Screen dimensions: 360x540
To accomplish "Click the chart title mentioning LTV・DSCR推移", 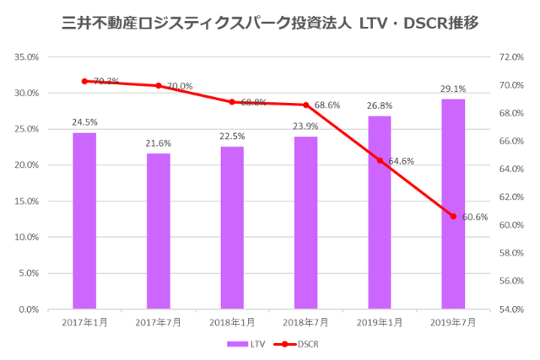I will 270,23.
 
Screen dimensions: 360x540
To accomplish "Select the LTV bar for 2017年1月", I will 84,221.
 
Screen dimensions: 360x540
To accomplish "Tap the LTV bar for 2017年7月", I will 158,231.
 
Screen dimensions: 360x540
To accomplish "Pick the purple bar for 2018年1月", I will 232,228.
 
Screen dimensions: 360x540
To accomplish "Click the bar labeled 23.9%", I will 305,223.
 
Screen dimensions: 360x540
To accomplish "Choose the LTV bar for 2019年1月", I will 380,212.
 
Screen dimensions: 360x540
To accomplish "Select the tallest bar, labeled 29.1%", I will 453,204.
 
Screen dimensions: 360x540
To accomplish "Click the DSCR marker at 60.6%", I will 453,217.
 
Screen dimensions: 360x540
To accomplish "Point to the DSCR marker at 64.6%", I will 380,160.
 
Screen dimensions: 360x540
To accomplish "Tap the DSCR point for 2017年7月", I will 158,85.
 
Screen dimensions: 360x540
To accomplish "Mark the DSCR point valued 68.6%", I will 305,105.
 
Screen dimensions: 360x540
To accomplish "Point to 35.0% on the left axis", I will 28,57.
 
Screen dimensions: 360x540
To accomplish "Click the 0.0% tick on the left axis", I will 30,309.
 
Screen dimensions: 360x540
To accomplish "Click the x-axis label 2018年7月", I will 305,322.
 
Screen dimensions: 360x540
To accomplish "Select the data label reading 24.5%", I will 84,122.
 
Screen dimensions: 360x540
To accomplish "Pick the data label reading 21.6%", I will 158,143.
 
